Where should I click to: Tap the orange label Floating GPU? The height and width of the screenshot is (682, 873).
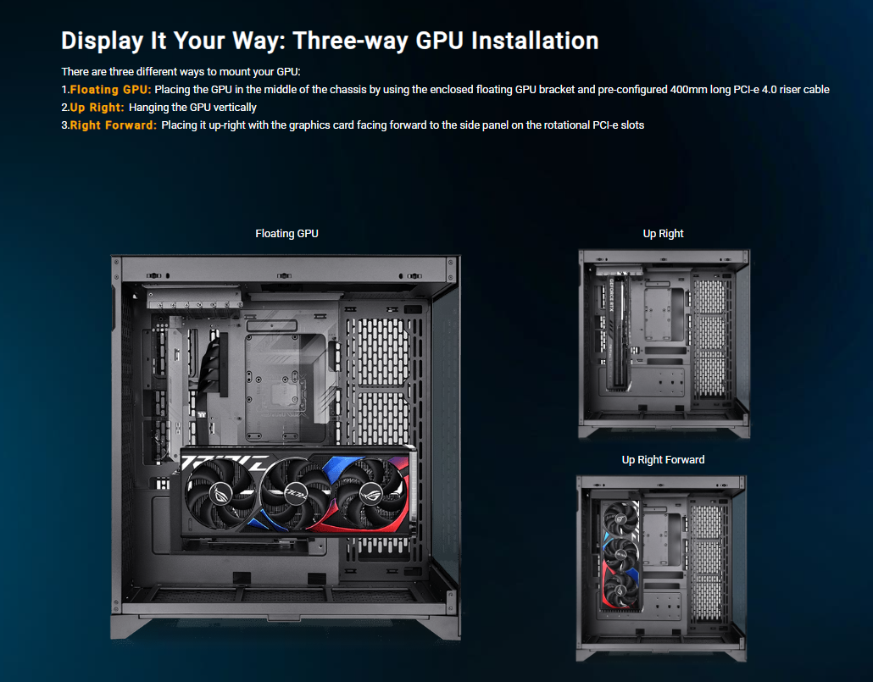[111, 90]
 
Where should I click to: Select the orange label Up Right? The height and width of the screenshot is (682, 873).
[97, 108]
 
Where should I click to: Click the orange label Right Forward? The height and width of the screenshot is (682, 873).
[114, 125]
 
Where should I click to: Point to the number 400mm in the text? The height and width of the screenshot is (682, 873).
[688, 90]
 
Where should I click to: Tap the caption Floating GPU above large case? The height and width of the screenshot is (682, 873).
[286, 233]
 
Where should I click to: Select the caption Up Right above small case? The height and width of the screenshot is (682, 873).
[663, 233]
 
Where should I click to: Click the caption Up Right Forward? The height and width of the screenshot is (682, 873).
[663, 459]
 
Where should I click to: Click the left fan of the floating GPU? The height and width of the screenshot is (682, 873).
[220, 492]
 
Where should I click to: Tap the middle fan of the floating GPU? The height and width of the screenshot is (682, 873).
[296, 492]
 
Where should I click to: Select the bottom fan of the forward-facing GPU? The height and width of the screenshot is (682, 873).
[619, 589]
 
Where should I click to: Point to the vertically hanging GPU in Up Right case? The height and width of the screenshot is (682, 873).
[619, 330]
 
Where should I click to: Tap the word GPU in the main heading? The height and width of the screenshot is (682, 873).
[439, 41]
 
